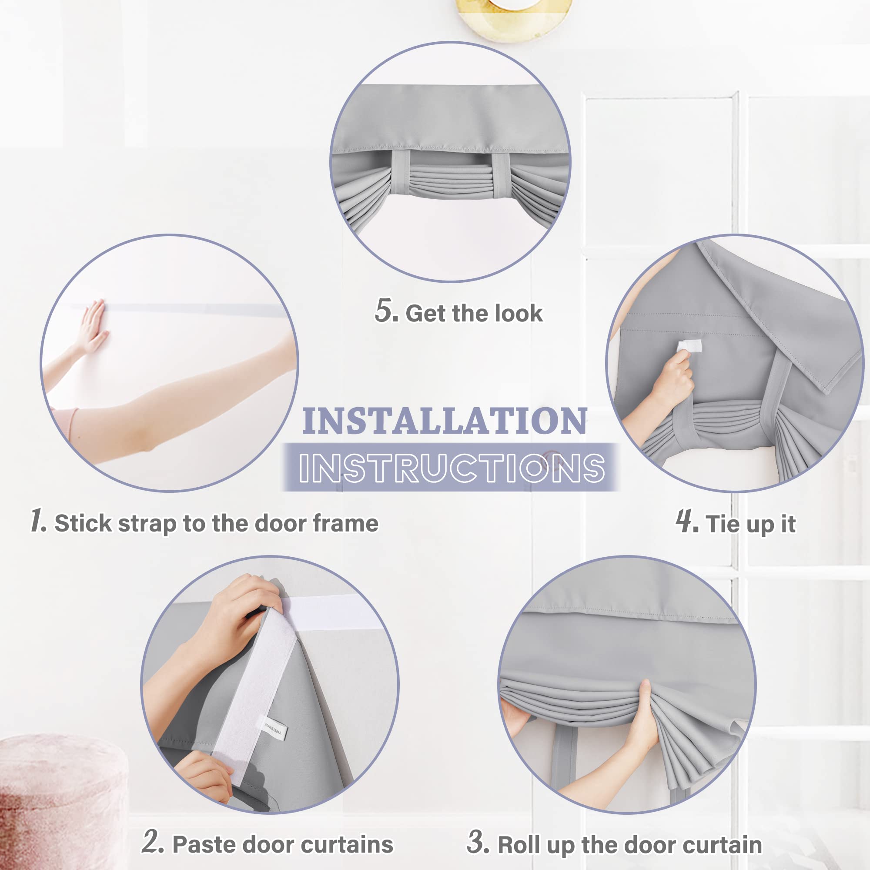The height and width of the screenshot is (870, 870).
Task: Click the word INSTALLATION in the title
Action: [445, 422]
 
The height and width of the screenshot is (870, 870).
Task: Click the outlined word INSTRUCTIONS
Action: [452, 468]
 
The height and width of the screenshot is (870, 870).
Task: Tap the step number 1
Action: [38, 521]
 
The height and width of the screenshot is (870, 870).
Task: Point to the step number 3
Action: [478, 841]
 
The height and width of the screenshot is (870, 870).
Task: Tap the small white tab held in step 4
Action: [689, 346]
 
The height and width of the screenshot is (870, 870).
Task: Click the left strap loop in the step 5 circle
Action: [400, 174]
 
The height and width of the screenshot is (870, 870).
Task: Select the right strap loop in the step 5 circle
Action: [500, 175]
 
